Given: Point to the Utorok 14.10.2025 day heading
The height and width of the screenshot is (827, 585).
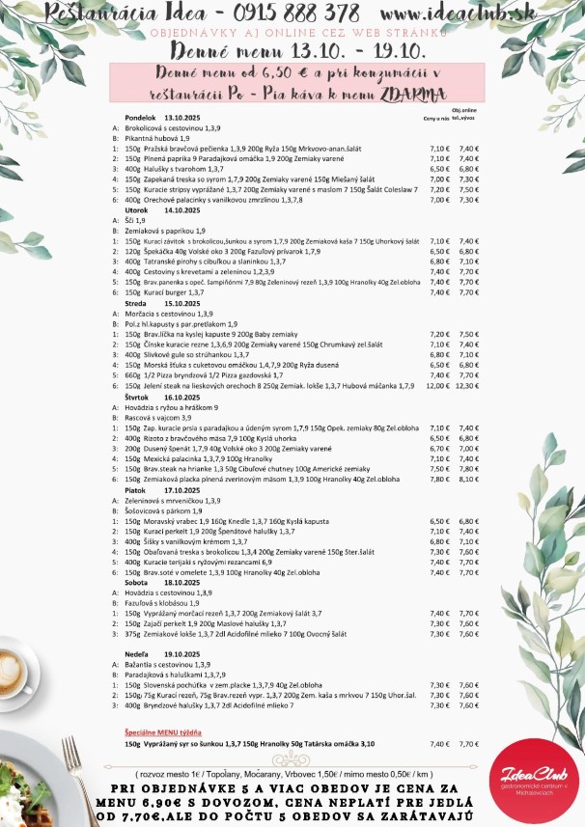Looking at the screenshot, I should pyautogui.click(x=154, y=209).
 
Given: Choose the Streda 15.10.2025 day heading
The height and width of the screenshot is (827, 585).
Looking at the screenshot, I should pyautogui.click(x=154, y=303).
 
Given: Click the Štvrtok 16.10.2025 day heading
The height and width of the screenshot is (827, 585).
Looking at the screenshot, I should pyautogui.click(x=155, y=397).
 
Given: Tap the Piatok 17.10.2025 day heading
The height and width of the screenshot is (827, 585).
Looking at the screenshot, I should pyautogui.click(x=154, y=489).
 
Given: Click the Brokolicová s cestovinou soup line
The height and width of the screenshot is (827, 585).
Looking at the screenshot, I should pyautogui.click(x=168, y=127).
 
